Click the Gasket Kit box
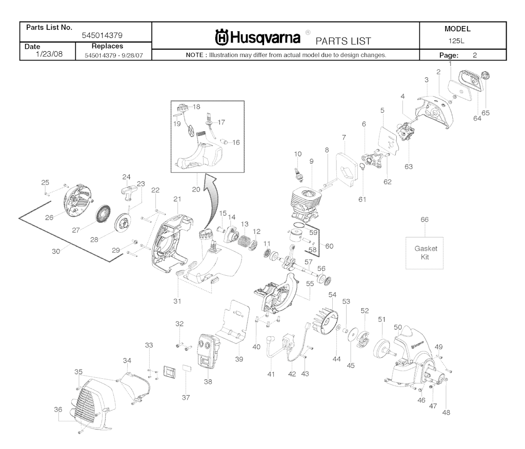[x=425, y=252]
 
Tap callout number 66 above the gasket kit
[x=424, y=220]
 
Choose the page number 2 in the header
[x=475, y=55]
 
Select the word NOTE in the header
[x=195, y=55]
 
